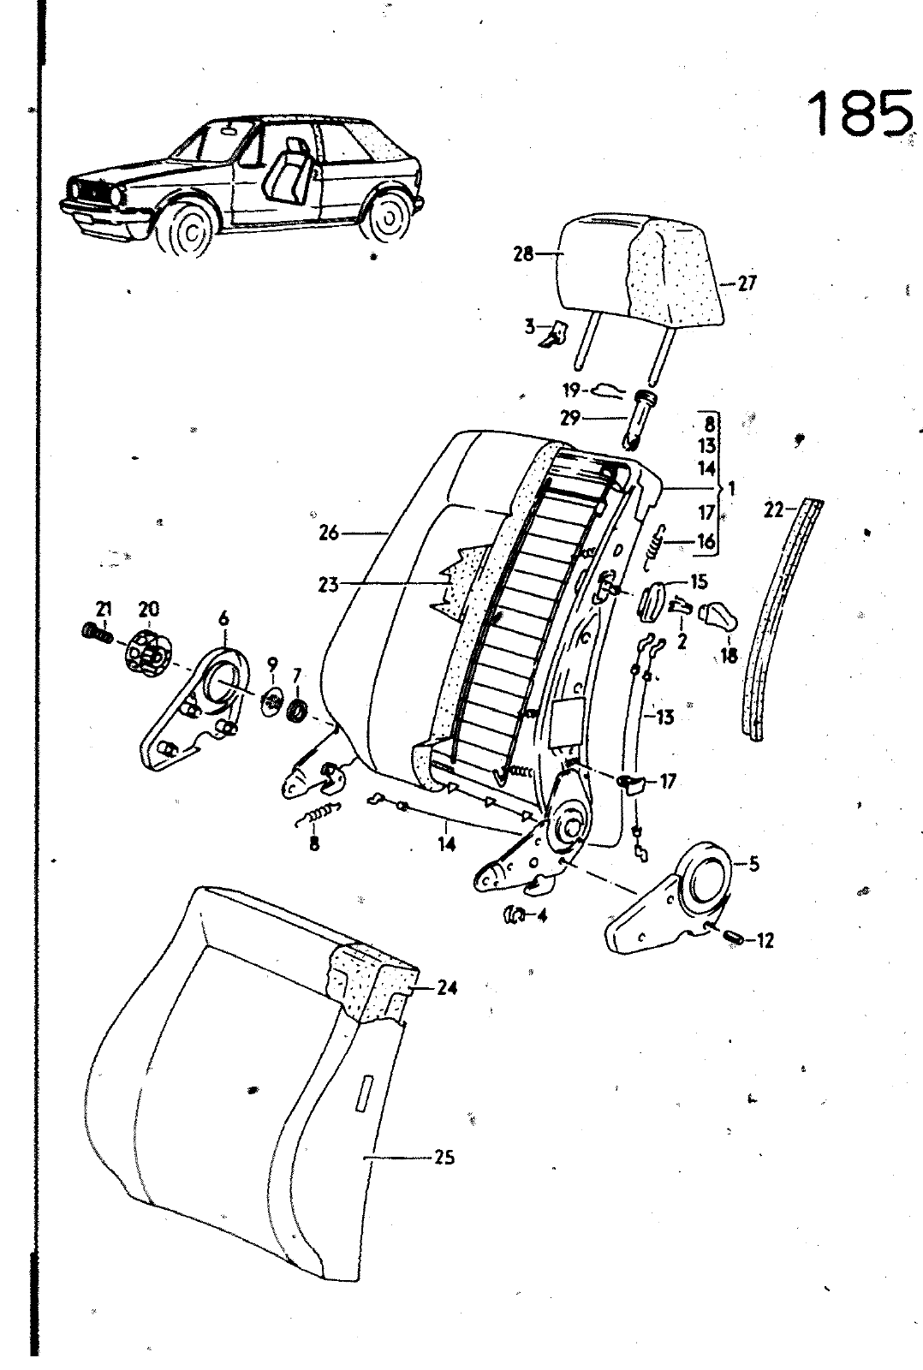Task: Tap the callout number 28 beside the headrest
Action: click(523, 253)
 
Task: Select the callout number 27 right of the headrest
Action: click(747, 283)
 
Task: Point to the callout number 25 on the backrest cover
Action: click(444, 1158)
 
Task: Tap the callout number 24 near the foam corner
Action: click(446, 987)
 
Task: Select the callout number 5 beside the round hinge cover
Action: click(753, 864)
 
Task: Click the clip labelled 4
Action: click(515, 914)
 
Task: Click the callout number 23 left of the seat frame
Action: click(329, 585)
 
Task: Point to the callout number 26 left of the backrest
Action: click(329, 533)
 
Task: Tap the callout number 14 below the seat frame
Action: click(447, 844)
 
